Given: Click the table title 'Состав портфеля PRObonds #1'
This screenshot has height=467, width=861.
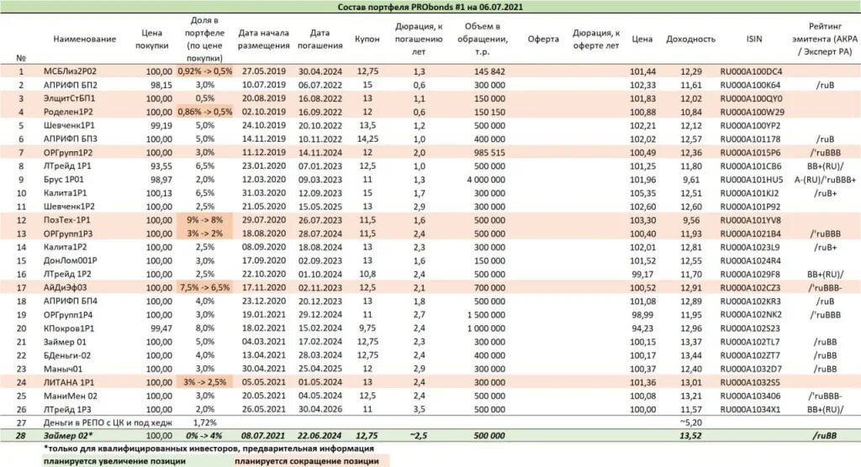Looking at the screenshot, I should (430, 8).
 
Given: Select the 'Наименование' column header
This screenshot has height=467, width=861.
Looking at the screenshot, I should (84, 39).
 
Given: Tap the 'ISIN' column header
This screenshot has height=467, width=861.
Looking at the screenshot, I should (754, 39).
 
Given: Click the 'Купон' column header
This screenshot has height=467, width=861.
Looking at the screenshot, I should (367, 39).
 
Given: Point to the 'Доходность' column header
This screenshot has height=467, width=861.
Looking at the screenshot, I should (690, 39).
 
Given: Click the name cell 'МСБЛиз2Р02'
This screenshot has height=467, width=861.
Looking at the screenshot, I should (76, 72).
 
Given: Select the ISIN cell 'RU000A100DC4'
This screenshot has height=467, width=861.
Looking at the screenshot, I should (751, 72).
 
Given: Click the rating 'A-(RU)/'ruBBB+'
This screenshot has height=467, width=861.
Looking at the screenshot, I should (824, 179).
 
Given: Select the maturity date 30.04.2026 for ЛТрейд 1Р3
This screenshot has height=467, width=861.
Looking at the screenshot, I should (320, 409).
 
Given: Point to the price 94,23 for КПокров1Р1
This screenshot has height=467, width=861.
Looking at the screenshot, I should (642, 328).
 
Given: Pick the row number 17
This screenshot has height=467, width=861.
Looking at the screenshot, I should (20, 287).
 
